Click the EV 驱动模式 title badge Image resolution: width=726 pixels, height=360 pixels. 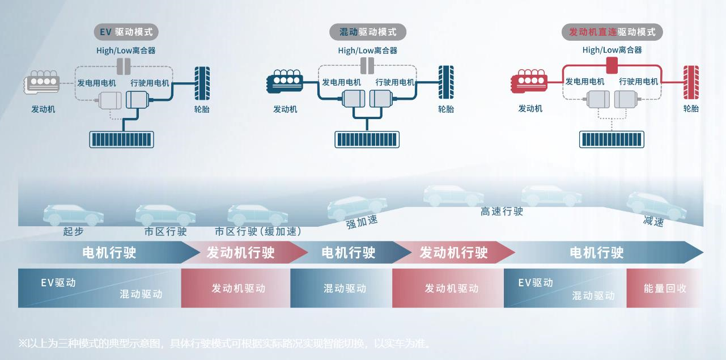pos(126,32)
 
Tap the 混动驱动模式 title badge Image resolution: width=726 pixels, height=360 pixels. pos(368,32)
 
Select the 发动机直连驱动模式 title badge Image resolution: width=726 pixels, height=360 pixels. pos(615,32)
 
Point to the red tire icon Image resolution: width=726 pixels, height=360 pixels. pos(690,83)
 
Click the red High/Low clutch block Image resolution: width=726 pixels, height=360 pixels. pos(612,66)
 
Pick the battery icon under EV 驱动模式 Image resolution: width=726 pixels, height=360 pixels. pos(122,139)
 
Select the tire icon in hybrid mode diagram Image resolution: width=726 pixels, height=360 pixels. pos(445,83)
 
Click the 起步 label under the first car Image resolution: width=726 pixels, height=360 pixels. pos(74,232)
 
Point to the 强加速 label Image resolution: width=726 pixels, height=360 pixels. pos(362,222)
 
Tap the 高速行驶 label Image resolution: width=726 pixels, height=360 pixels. pos(502,211)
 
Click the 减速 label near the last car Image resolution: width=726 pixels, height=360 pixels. pos(653,221)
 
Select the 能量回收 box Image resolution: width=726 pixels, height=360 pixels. pos(665,288)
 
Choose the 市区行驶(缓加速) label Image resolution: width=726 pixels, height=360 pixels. pos(258,232)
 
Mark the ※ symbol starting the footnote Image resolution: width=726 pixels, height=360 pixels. pos(23,343)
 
